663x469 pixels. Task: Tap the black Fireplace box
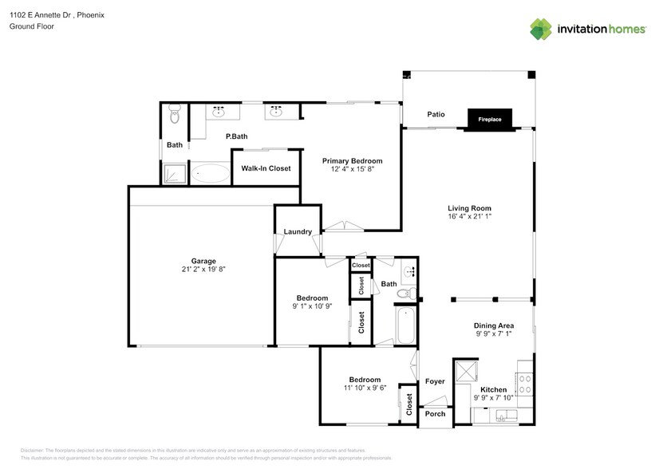point(490,119)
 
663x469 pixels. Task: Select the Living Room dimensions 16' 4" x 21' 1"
point(468,216)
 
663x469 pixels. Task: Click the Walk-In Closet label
point(266,168)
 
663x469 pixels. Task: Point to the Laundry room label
point(298,232)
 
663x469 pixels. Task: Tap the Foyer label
point(435,381)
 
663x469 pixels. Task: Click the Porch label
point(435,414)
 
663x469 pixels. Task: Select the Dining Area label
point(493,325)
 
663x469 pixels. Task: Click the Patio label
point(436,115)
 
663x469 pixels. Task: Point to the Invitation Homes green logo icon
point(542,29)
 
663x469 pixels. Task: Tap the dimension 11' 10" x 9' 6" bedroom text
point(364,388)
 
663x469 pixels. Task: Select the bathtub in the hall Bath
point(405,326)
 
